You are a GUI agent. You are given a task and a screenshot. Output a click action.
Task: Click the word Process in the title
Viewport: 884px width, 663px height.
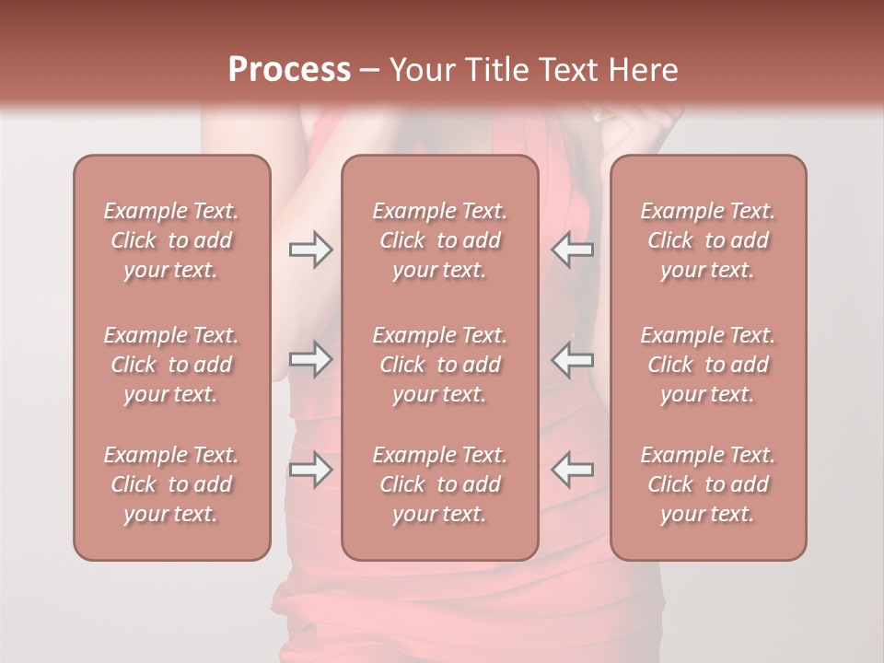pyautogui.click(x=289, y=70)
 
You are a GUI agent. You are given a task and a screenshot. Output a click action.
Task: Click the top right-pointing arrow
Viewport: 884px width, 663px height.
pyautogui.click(x=310, y=250)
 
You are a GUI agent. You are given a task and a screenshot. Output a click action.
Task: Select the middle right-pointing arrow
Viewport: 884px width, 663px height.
pyautogui.click(x=310, y=360)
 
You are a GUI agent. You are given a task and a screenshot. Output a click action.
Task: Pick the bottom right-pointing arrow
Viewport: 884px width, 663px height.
pyautogui.click(x=310, y=470)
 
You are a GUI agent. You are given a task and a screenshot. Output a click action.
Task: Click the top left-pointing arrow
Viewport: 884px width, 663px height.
pyautogui.click(x=573, y=250)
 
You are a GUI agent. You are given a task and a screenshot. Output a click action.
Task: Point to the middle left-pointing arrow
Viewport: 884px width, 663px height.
pyautogui.click(x=573, y=360)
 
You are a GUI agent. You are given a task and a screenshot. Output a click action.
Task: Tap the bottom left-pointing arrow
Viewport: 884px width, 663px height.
pyautogui.click(x=573, y=470)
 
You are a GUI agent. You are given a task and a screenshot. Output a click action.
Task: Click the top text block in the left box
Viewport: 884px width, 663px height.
pyautogui.click(x=171, y=240)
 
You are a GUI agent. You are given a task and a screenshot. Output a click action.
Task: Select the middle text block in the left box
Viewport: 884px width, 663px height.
pyautogui.click(x=171, y=365)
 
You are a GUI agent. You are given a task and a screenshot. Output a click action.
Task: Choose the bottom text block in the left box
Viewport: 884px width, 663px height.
pyautogui.click(x=171, y=484)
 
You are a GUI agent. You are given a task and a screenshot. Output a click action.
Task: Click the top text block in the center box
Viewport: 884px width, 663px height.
pyautogui.click(x=440, y=240)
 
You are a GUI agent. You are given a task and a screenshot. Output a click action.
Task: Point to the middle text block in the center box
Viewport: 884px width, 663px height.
pyautogui.click(x=440, y=365)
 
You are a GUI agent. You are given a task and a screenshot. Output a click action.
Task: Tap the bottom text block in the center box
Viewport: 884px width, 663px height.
pyautogui.click(x=440, y=484)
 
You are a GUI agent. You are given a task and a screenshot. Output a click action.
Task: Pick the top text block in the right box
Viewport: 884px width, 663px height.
pyautogui.click(x=708, y=240)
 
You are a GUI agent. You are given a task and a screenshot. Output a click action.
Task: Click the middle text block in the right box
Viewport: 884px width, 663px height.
pyautogui.click(x=708, y=365)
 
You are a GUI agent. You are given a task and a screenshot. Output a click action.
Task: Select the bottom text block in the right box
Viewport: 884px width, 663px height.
pyautogui.click(x=708, y=484)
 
